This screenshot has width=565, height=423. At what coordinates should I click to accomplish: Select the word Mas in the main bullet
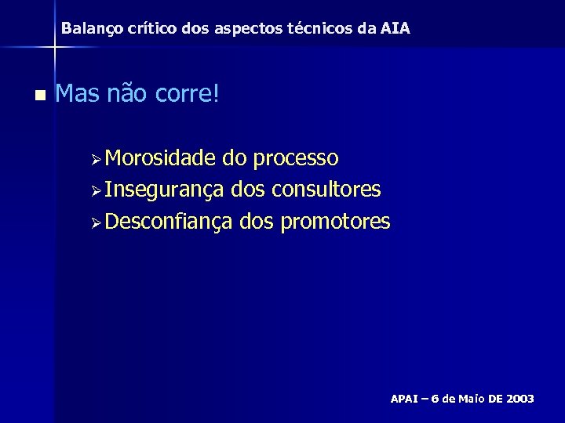pyautogui.click(x=77, y=96)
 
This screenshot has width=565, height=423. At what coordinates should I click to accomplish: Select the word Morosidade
pyautogui.click(x=160, y=158)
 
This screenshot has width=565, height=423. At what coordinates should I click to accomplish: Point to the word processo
pyautogui.click(x=295, y=159)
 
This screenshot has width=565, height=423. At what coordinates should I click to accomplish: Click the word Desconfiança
pyautogui.click(x=168, y=222)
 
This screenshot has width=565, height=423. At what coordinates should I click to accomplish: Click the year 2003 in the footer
pyautogui.click(x=520, y=399)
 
